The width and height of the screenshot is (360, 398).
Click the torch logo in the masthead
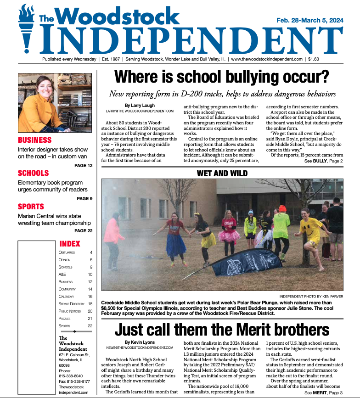pyautogui.click(x=26, y=28)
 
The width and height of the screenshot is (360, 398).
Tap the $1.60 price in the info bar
pyautogui.click(x=314, y=59)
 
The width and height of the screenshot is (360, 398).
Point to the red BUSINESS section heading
pyautogui.click(x=34, y=140)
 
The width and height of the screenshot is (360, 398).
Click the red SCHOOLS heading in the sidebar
pyautogui.click(x=33, y=173)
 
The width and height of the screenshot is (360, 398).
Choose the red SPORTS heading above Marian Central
pyautogui.click(x=31, y=207)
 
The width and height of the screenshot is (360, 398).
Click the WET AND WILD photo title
pyautogui.click(x=222, y=173)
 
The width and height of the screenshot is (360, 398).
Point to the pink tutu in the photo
pyautogui.click(x=229, y=235)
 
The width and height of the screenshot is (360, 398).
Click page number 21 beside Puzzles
pyautogui.click(x=90, y=318)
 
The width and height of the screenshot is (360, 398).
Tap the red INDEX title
pyautogui.click(x=70, y=244)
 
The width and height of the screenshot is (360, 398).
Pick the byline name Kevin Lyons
pyautogui.click(x=141, y=342)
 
